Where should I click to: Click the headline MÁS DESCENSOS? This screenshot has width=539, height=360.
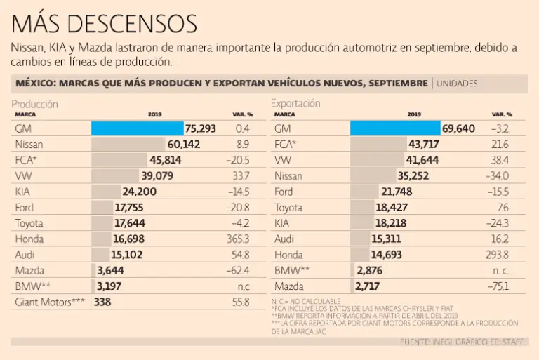point(104,24)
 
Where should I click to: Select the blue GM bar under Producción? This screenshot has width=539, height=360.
point(137,128)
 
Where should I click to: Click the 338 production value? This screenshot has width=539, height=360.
point(102,302)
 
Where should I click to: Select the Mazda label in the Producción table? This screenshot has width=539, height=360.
point(30,270)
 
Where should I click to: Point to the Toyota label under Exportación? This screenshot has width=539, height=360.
point(288,207)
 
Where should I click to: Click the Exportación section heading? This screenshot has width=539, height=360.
point(295,103)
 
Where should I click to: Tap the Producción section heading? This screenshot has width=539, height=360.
point(34,103)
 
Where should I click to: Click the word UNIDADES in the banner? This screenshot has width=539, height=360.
point(457,84)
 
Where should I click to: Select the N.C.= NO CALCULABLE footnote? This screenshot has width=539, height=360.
point(306,301)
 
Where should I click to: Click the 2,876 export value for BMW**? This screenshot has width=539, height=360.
point(369,270)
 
